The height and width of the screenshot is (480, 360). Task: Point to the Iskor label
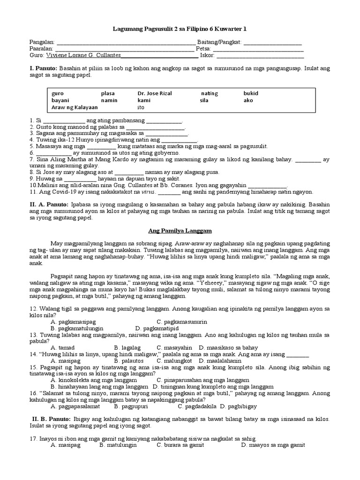207,55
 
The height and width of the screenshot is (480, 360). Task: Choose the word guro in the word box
58,93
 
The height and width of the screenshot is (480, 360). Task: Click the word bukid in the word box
251,93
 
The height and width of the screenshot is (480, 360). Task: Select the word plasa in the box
108,93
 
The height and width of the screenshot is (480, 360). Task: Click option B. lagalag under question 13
124,348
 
